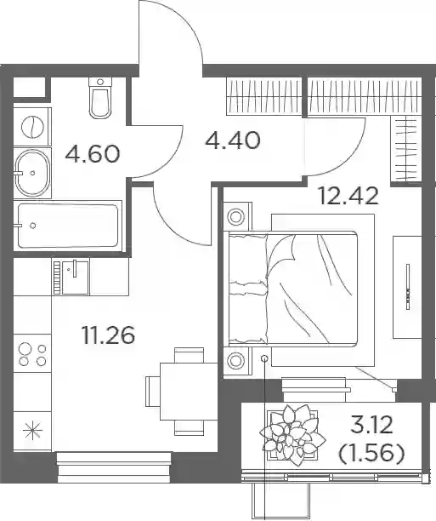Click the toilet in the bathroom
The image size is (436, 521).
point(100,98)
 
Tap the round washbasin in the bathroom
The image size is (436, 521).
point(32,173)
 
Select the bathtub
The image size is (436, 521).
point(68,226)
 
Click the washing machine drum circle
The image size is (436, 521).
point(32,127)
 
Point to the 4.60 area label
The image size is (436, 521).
point(93,154)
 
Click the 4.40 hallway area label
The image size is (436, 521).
point(233,140)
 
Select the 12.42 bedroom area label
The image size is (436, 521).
point(348,196)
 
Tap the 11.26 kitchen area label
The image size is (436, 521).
point(109,335)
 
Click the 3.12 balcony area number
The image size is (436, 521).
point(372,426)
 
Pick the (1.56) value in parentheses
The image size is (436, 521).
point(371,453)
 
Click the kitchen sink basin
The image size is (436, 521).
point(76,278)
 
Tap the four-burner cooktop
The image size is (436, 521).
point(32,354)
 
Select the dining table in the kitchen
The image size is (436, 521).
point(189,391)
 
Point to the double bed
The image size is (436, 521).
point(292,289)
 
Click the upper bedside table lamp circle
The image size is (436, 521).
point(235,217)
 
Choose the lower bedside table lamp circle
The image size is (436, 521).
point(235,360)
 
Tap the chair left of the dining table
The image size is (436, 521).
point(153,391)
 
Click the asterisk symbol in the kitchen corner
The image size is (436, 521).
point(32,431)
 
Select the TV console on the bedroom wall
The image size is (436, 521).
point(407,287)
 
